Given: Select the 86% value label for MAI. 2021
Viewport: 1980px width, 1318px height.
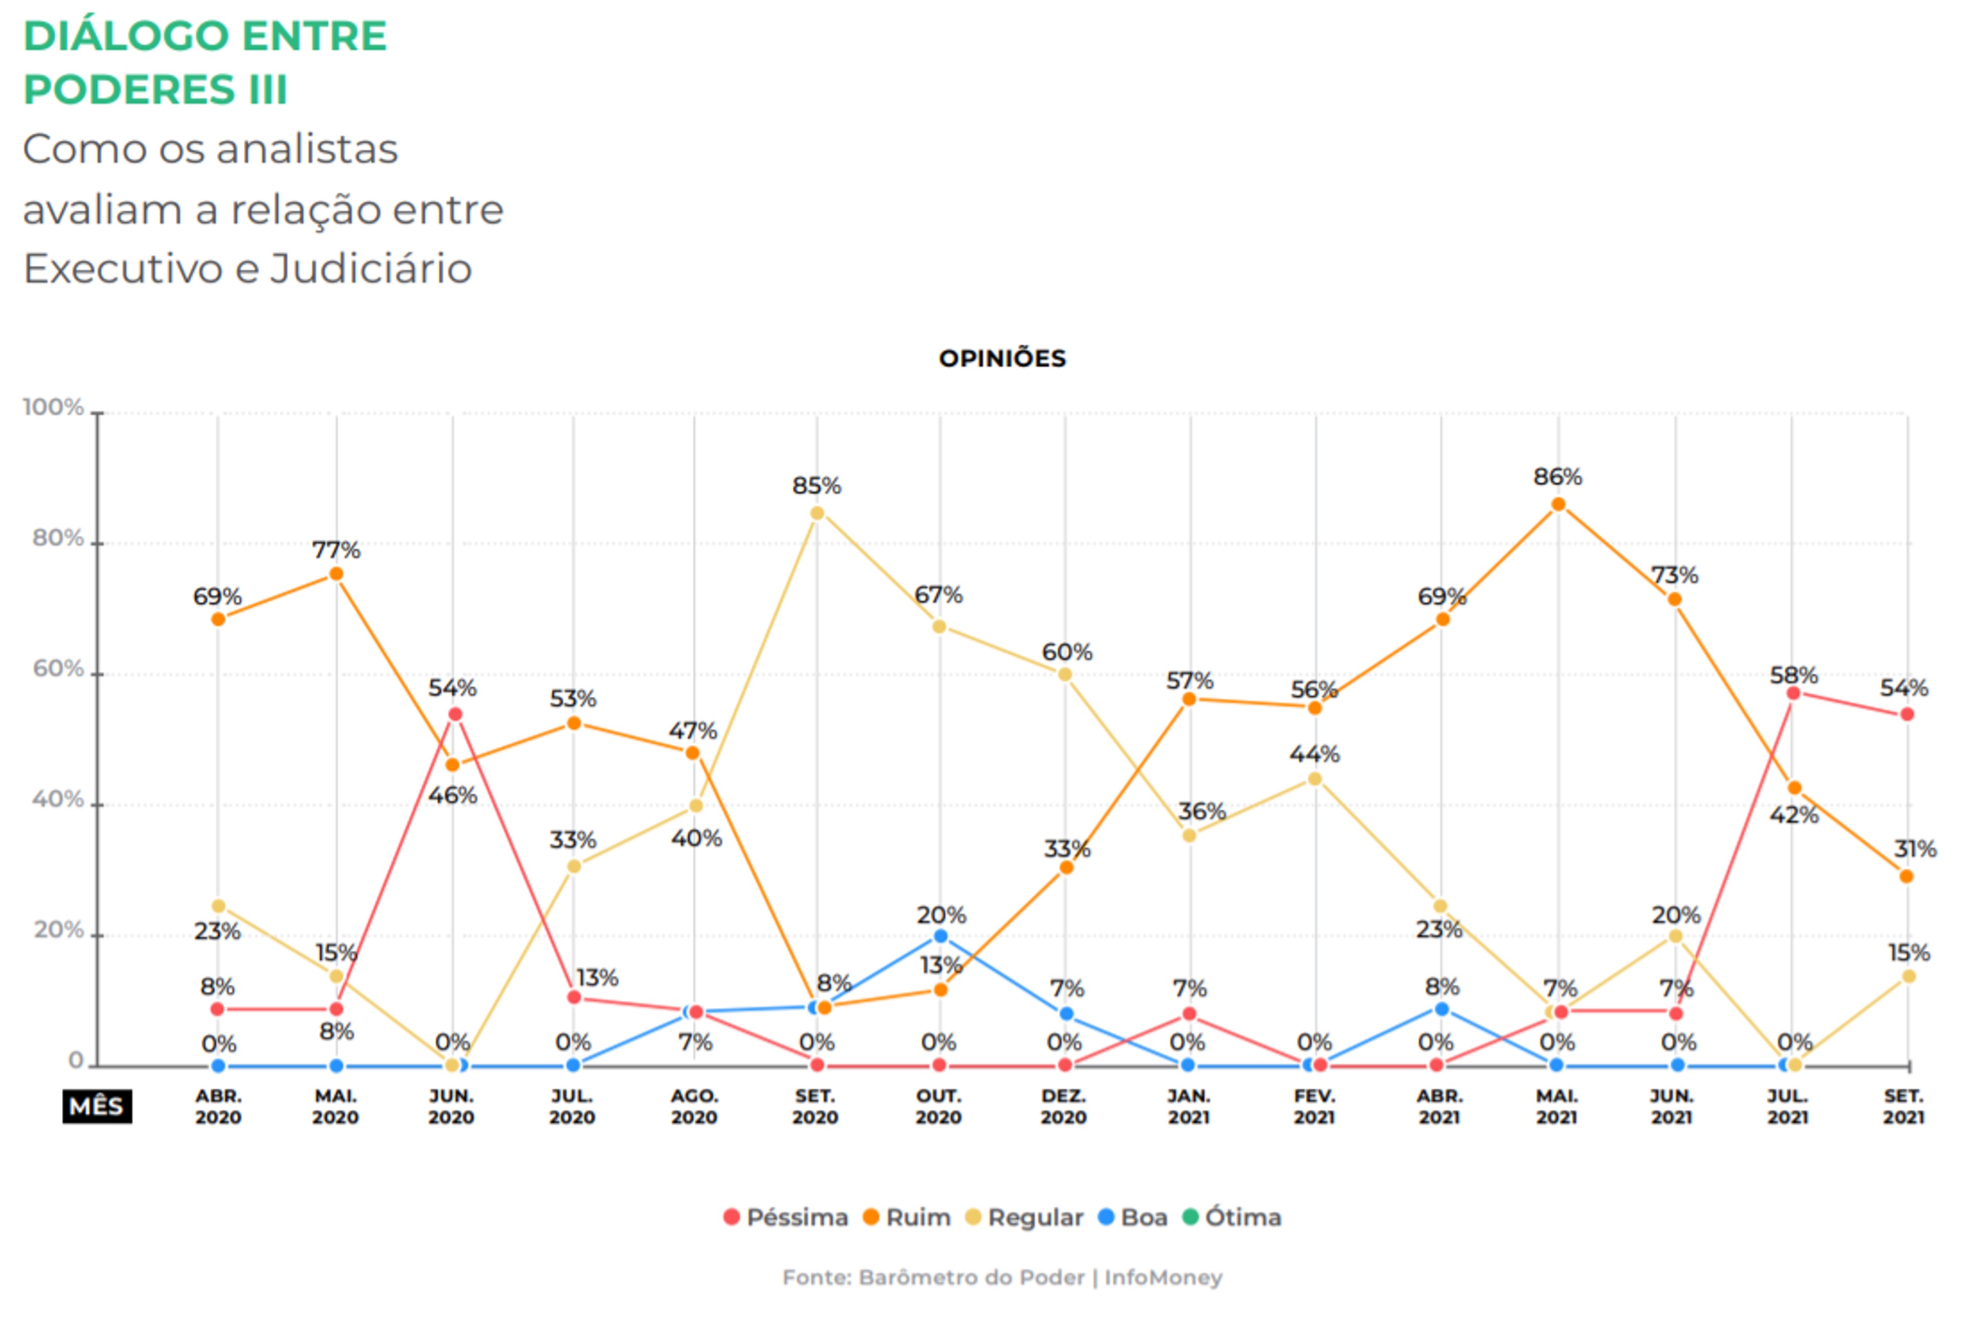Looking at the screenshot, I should [1557, 476].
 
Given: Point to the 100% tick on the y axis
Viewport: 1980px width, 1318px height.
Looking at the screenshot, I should [54, 408].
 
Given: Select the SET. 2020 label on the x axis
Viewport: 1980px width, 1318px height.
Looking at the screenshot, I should [815, 1107].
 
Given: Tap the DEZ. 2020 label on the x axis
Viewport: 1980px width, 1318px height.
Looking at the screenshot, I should [1063, 1107].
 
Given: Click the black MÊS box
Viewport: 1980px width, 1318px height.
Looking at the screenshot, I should [97, 1106].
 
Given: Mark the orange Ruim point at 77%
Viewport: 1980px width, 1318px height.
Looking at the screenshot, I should [336, 574].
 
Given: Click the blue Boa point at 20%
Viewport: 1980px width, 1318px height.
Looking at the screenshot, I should [941, 936].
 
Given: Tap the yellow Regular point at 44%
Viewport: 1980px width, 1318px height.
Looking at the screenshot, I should [1314, 779].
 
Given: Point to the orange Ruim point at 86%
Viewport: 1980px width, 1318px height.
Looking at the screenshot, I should [1557, 505].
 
